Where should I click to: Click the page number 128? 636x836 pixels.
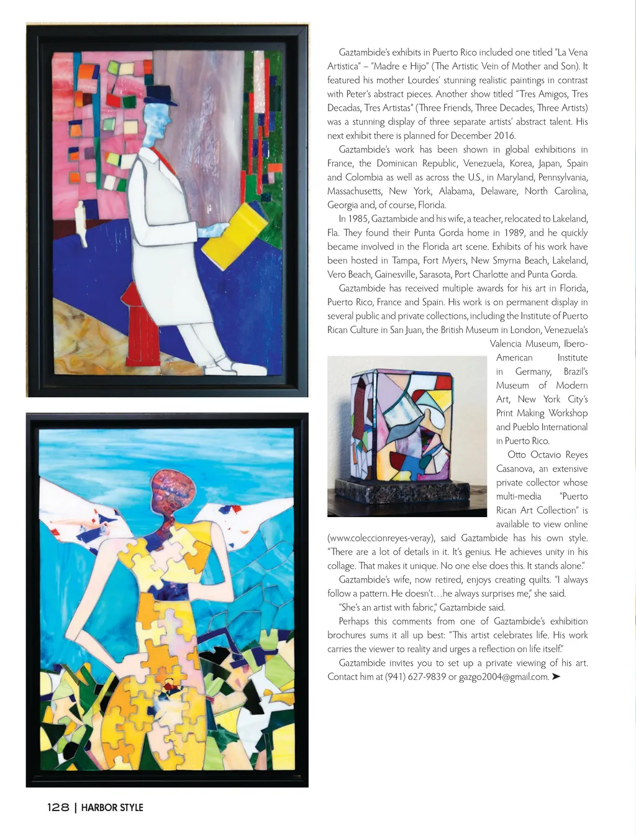click(58, 807)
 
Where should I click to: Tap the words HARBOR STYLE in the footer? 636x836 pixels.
click(112, 807)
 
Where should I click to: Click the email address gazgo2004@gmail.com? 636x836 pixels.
click(504, 677)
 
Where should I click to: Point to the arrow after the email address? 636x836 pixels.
click(556, 676)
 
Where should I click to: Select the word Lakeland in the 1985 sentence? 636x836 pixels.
click(570, 219)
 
